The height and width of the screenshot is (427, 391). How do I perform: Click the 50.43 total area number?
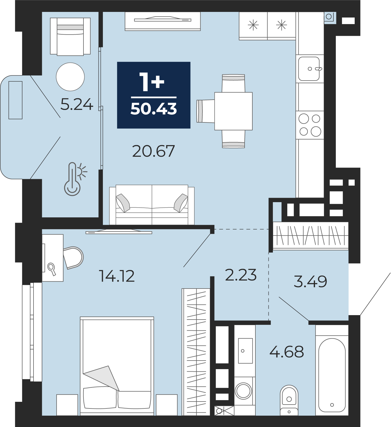(154, 109)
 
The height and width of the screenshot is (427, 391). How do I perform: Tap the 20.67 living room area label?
(154, 151)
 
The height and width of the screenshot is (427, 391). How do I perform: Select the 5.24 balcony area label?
(77, 104)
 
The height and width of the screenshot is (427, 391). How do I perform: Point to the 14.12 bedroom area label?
(117, 276)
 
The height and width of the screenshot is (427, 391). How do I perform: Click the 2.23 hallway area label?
(241, 275)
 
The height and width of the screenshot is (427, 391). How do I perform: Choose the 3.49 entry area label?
(310, 282)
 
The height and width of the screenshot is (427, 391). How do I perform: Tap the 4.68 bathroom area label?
(287, 352)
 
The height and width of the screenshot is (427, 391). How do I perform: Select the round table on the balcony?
(70, 77)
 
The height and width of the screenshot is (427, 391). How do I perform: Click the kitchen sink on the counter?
(309, 69)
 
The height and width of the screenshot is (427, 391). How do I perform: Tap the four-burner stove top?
(310, 125)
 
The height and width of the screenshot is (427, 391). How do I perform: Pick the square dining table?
(233, 111)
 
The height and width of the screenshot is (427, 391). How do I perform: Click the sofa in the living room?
(152, 205)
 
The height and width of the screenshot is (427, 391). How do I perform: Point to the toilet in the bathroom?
(289, 400)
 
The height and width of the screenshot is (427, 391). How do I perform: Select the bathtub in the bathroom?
(332, 375)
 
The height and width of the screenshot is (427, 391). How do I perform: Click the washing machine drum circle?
(243, 391)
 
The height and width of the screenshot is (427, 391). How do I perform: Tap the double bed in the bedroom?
(117, 366)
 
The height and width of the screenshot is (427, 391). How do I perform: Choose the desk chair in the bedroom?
(73, 258)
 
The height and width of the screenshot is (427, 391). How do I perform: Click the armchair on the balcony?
(70, 37)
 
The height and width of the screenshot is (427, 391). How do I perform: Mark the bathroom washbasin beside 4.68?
(245, 351)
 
